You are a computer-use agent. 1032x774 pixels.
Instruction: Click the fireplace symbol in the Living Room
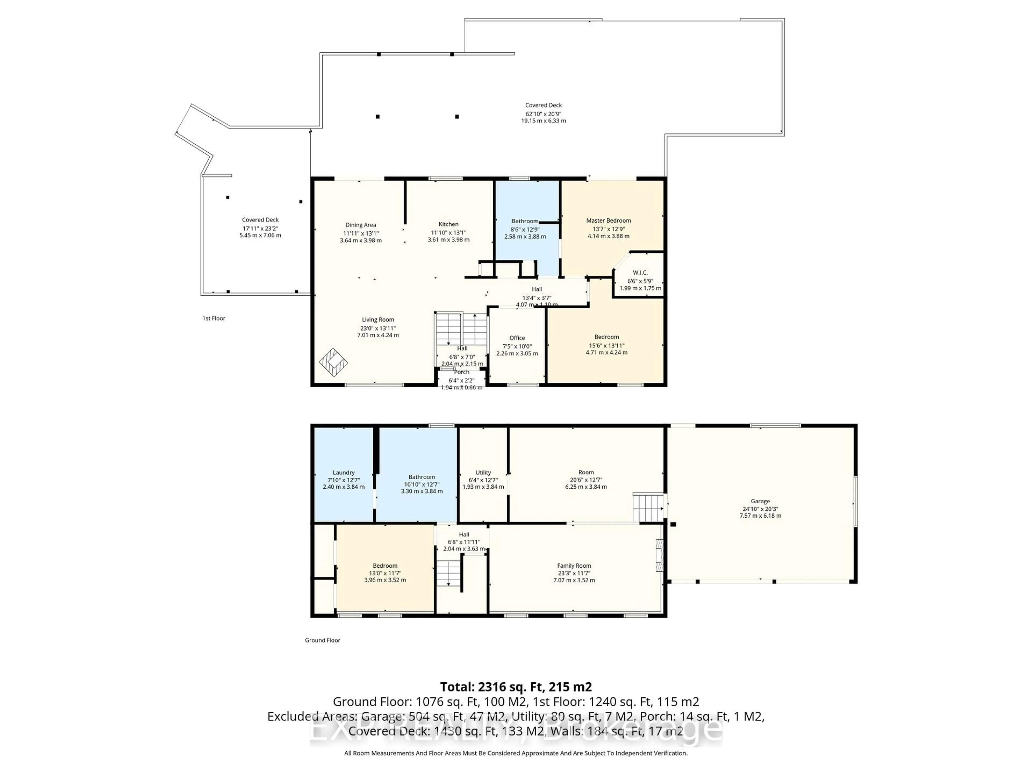pos(333,363)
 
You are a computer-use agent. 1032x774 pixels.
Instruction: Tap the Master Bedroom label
pos(608,221)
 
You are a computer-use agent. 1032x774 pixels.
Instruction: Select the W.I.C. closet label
pos(640,273)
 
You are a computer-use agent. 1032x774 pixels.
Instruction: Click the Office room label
pos(517,338)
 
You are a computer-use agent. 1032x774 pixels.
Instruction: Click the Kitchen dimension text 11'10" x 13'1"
pos(448,232)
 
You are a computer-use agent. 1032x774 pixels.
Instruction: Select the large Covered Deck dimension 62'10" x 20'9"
pos(543,113)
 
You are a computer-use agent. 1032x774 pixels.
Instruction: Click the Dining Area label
pos(361,225)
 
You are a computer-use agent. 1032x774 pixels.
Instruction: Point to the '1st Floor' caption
pos(214,318)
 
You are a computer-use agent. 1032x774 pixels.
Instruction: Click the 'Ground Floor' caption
pos(322,640)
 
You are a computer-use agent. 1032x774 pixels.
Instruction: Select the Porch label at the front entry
pos(461,372)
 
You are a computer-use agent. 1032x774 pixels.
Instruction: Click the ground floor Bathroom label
pos(422,477)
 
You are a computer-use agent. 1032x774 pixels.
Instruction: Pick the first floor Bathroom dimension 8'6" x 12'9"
pos(525,229)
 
